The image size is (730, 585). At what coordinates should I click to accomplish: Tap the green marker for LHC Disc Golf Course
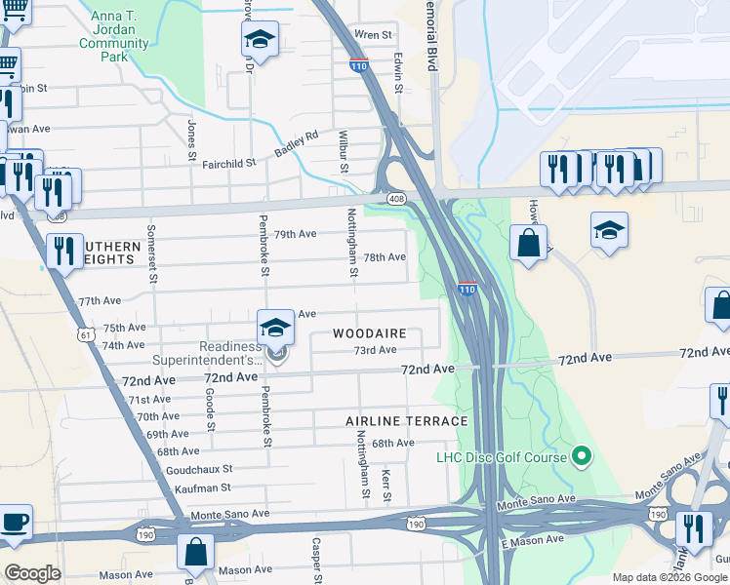coord(583,455)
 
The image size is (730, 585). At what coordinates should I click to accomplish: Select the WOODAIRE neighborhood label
coord(369,333)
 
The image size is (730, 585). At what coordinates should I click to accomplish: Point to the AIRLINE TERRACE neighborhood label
coord(406,421)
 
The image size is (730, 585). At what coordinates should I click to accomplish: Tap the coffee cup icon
coord(15,522)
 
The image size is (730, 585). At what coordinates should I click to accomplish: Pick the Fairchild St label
coord(228,164)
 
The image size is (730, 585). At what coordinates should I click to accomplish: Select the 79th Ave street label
coord(295,235)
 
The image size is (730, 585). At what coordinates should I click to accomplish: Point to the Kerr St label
coord(386,485)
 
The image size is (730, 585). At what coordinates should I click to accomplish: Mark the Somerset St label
coord(152,253)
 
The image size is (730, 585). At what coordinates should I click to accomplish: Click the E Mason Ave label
coord(532,539)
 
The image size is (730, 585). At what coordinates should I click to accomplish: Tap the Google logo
coord(33,573)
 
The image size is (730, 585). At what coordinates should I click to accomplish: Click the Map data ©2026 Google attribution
coord(669,577)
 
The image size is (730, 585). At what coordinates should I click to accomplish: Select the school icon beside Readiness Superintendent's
coord(275,328)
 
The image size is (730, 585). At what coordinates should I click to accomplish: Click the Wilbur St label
coord(344,150)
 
